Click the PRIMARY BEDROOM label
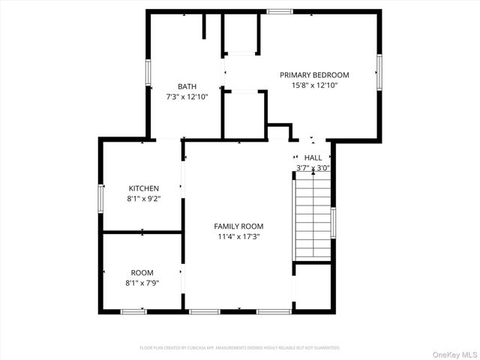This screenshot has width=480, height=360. (314, 75)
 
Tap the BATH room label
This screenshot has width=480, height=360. (187, 86)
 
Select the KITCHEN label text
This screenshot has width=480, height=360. (144, 188)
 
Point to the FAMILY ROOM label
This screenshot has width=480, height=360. (238, 226)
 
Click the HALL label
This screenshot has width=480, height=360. (313, 157)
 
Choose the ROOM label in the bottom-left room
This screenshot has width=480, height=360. (142, 273)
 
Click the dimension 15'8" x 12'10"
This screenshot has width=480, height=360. (314, 85)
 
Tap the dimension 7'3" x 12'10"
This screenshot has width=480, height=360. (187, 97)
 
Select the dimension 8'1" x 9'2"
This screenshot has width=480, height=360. (144, 199)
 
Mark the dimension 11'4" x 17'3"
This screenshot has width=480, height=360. (238, 237)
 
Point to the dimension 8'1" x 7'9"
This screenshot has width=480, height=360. (142, 283)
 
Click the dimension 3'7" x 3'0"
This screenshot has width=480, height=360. (313, 168)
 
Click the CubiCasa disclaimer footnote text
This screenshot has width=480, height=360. (240, 348)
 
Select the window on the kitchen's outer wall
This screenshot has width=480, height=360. (100, 199)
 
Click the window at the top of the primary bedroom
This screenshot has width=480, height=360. (280, 11)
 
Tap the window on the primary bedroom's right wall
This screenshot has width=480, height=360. (379, 72)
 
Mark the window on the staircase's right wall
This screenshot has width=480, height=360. (333, 223)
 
